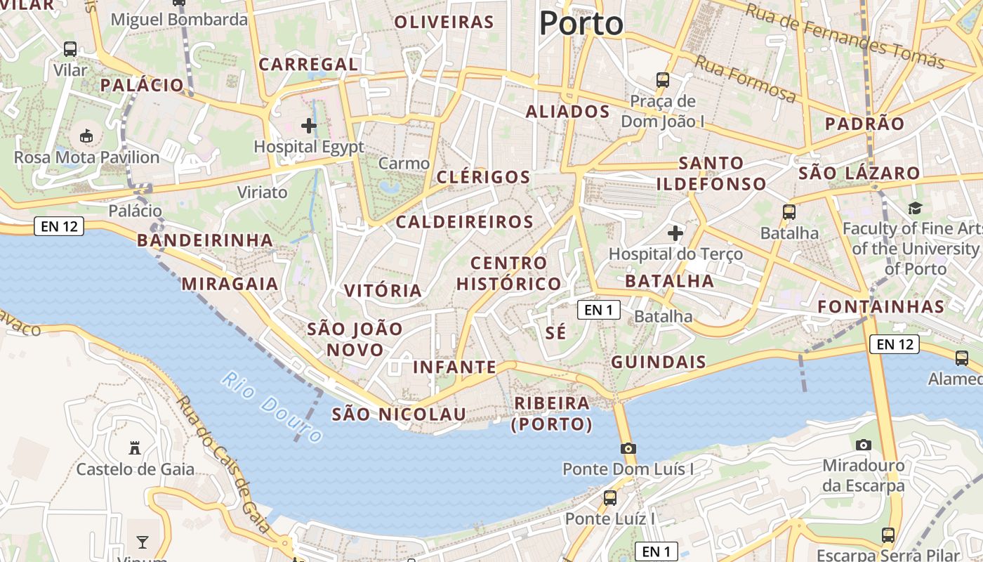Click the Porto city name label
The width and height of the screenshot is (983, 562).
(581, 23)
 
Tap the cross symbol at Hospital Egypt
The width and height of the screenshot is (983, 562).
(308, 126)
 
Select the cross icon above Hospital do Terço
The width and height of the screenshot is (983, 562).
(675, 233)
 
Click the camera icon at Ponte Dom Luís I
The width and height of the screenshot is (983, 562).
(628, 448)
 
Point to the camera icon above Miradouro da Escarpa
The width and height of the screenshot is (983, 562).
(864, 445)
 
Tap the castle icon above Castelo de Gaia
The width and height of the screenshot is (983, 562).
(135, 448)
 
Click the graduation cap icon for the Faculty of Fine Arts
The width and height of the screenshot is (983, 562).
(915, 208)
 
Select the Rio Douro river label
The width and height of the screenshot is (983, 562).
(272, 407)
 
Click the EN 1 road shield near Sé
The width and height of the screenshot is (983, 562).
(599, 310)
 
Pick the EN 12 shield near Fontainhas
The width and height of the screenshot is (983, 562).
(895, 344)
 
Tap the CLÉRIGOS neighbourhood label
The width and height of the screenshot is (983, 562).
(483, 177)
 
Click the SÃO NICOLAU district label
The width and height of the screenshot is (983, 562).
(399, 414)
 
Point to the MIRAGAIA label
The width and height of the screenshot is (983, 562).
(230, 285)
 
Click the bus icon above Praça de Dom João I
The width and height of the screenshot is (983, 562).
(663, 80)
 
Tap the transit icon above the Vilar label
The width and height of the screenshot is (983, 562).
(70, 49)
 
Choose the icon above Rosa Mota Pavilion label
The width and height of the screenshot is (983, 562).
(87, 136)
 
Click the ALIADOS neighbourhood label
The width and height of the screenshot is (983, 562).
(567, 112)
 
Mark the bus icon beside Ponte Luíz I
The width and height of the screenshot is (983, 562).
(610, 498)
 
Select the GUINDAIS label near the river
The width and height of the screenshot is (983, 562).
(658, 362)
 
